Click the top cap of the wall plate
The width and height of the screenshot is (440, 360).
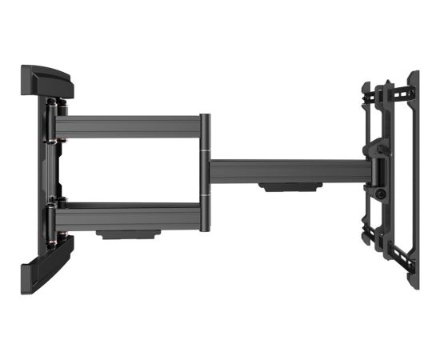pos(46,78)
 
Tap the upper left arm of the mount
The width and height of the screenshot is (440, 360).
pos(128,126)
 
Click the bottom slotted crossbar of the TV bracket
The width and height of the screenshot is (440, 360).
pos(388,238)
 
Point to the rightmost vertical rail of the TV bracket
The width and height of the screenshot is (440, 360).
pos(413,176)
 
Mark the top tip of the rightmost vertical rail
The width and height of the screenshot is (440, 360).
pos(414,74)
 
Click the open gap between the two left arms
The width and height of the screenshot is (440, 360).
pos(128,170)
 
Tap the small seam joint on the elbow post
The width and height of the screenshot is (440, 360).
pos(206,152)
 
